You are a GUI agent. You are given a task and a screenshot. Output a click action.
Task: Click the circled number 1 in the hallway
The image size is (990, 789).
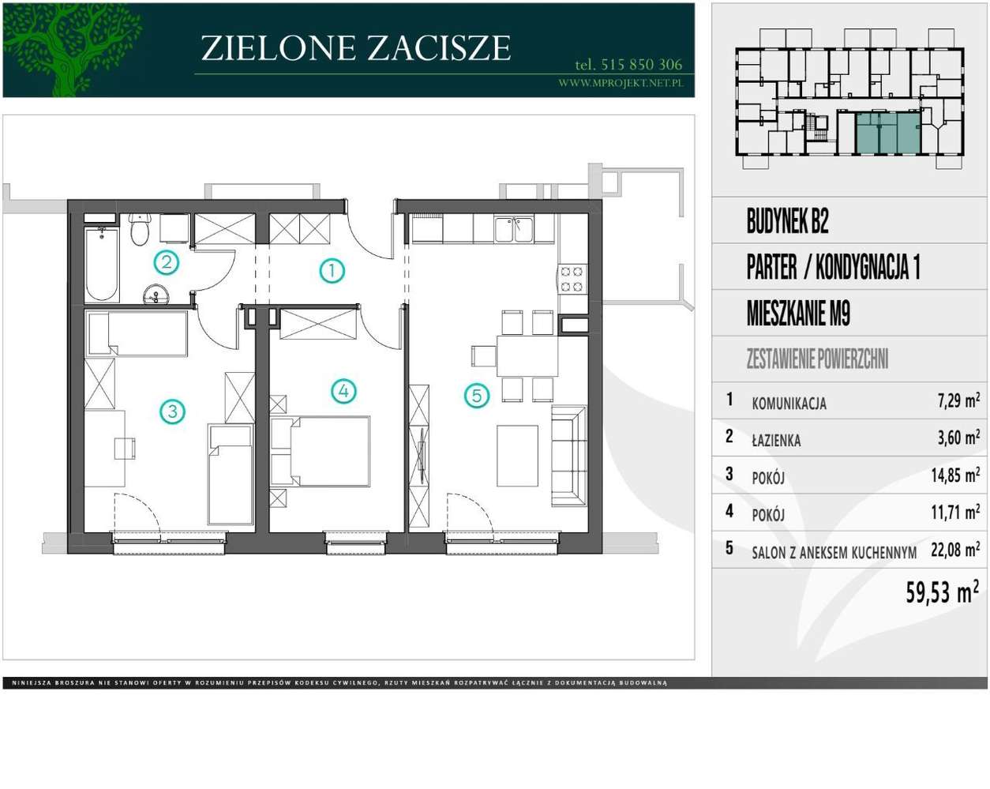pos(332,271)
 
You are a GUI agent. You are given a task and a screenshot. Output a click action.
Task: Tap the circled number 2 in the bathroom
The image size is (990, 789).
pos(166,262)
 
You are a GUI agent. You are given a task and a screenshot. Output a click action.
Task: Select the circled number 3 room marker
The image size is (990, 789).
pos(173,411)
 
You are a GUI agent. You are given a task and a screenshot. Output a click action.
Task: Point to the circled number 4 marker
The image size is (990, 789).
pos(343,391)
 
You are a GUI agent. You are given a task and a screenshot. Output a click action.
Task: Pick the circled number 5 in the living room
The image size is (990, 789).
pos(477,396)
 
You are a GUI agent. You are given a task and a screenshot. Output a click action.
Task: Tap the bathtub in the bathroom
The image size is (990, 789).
pos(102,264)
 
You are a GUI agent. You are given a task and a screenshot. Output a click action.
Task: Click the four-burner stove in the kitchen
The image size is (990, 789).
pos(572,280)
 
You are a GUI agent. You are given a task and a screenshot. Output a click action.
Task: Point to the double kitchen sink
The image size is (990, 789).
pos(514,229)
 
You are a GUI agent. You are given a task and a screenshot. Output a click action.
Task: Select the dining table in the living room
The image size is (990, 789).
pos(527,356)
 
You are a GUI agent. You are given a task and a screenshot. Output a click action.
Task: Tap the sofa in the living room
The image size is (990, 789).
pos(569,456)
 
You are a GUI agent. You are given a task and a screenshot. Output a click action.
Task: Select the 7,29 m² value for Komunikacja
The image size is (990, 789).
pos(958,400)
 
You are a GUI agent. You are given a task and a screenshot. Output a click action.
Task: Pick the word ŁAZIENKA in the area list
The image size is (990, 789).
pos(776,440)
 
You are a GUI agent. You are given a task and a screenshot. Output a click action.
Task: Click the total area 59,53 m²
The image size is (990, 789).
pos(942,591)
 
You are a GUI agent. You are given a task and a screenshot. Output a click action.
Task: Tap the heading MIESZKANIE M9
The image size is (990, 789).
pos(798,313)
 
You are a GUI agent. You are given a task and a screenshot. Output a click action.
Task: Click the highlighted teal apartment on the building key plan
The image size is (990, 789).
pos(888,133)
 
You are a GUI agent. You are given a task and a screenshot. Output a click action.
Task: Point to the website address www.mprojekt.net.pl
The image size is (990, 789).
pos(621,83)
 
